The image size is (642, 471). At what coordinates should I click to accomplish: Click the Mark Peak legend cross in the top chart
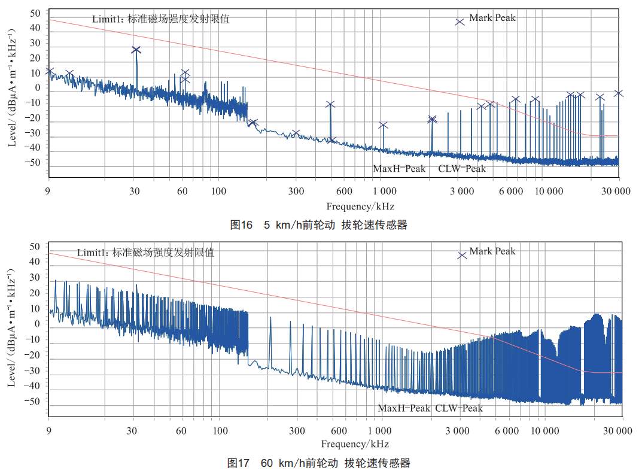460,22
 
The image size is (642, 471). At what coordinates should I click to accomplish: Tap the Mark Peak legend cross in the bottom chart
462,256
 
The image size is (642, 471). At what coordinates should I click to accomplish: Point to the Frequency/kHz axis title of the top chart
360,206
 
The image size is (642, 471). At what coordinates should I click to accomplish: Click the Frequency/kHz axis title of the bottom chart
355,444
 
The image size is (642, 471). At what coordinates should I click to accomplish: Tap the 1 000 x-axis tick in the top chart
384,192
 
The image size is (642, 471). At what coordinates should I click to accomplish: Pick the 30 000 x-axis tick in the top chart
616,192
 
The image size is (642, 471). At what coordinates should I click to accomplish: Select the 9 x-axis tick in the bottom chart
48,431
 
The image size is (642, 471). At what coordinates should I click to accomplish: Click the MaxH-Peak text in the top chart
399,169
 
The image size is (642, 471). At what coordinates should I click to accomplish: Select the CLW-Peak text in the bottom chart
458,408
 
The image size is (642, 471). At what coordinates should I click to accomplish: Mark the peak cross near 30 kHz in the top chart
136,50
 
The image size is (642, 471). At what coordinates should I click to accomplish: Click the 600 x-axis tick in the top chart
343,192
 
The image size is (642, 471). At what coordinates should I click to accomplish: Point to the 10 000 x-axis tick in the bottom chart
544,431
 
